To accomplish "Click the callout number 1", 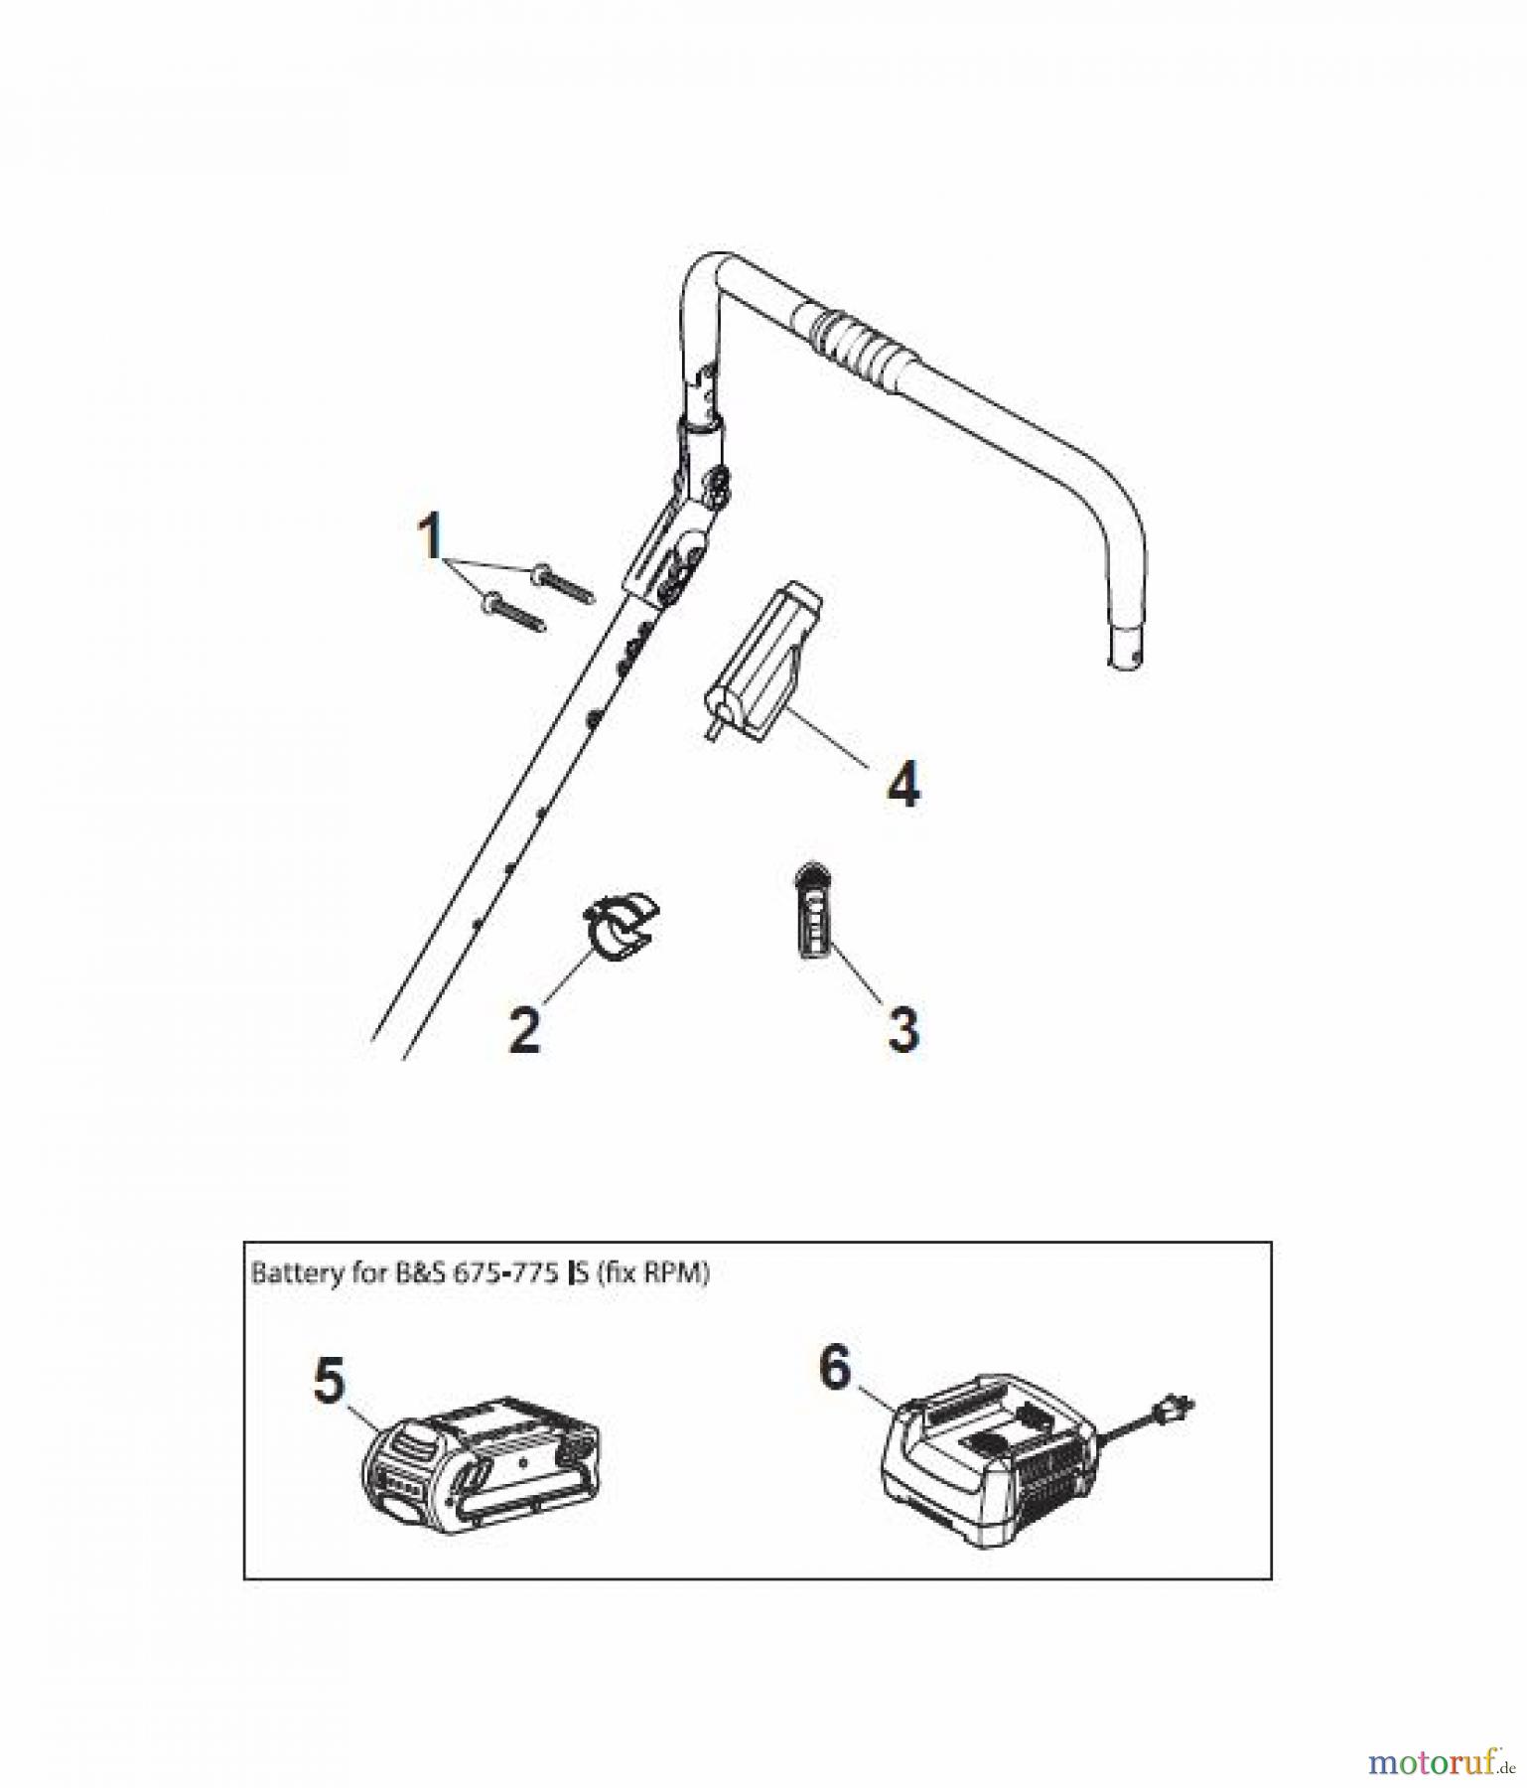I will coord(429,538).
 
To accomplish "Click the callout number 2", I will coord(524,1030).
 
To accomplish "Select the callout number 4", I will coord(902,784).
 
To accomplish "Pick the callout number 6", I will coord(835,1368).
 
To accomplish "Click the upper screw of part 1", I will coord(562,583).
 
